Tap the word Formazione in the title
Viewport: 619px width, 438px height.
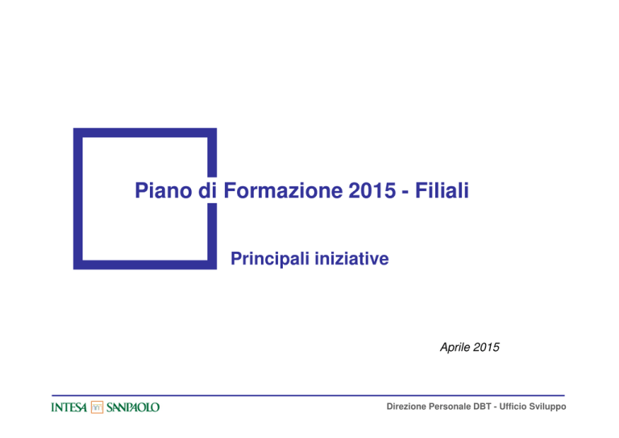[x=283, y=190]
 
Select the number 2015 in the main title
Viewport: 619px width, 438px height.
[x=372, y=190]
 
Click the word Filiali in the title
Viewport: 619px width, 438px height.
[x=442, y=190]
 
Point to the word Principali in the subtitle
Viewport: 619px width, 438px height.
[x=270, y=259]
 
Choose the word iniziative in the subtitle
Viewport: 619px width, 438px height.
[x=351, y=259]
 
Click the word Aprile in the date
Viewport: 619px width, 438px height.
[x=455, y=348]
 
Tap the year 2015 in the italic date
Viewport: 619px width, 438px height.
[x=486, y=347]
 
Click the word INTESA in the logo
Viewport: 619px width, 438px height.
[x=69, y=407]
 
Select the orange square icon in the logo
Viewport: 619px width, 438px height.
[x=97, y=407]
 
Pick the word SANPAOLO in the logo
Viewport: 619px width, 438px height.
[x=133, y=407]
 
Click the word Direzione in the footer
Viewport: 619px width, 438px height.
[x=406, y=407]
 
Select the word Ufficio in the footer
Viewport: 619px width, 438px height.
[x=513, y=407]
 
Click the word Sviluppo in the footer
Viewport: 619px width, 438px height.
[x=547, y=407]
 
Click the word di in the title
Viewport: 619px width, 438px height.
[x=208, y=190]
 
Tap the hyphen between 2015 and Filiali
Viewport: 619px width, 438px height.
[x=405, y=193]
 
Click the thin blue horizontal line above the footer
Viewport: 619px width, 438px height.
[x=308, y=395]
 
